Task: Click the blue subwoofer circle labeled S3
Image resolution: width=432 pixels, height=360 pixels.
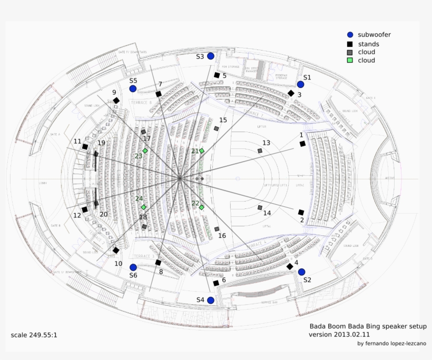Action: [x=211, y=56]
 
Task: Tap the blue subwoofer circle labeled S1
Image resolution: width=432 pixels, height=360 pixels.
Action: [x=300, y=84]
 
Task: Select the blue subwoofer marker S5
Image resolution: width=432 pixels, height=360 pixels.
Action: [x=133, y=89]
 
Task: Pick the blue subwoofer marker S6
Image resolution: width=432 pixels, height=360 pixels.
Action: [x=133, y=267]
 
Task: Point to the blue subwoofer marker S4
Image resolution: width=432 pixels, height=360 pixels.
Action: [x=211, y=300]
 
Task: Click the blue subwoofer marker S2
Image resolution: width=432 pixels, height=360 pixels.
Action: [x=301, y=272]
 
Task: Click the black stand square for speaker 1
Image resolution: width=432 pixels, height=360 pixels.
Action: [x=302, y=144]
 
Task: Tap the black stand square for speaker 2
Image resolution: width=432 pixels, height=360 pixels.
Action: [x=301, y=213]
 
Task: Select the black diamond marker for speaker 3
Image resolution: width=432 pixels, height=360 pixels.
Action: [x=290, y=93]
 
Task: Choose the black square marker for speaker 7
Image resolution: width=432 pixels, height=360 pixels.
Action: [x=158, y=94]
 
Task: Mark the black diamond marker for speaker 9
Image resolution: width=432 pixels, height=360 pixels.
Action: [x=116, y=101]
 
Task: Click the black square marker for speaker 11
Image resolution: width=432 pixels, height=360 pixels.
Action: [x=85, y=147]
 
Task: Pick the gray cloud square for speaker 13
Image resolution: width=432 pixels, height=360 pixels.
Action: [x=260, y=151]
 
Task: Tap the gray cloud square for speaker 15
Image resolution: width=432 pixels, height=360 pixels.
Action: [x=216, y=128]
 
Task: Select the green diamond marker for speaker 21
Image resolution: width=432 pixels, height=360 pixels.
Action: [x=201, y=151]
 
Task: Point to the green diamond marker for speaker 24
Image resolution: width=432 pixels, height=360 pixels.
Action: [x=143, y=207]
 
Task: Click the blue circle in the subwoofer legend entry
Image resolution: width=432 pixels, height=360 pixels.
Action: [x=350, y=35]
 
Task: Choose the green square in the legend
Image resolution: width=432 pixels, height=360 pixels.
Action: [x=350, y=61]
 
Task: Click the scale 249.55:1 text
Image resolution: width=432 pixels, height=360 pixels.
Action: [x=34, y=335]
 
